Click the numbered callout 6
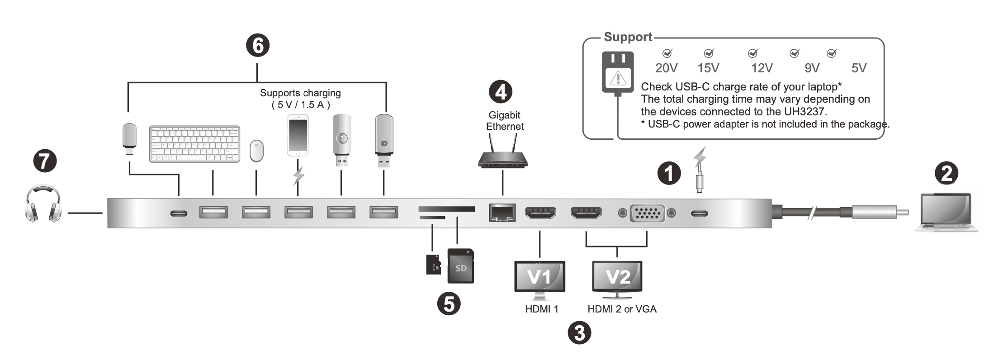[257, 46]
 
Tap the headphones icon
[43, 204]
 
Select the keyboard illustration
[194, 144]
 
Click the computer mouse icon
[256, 151]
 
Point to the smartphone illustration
[298, 136]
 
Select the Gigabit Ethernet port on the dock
[502, 212]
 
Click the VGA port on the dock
[647, 213]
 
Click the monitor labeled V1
[539, 277]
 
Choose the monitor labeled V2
[617, 277]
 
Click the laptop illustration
[946, 213]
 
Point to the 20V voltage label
[666, 68]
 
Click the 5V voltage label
[859, 68]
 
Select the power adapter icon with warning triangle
[618, 72]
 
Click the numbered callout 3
[579, 333]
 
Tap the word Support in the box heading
[628, 37]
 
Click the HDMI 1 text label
[541, 309]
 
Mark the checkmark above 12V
[752, 53]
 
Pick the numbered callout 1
[669, 173]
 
